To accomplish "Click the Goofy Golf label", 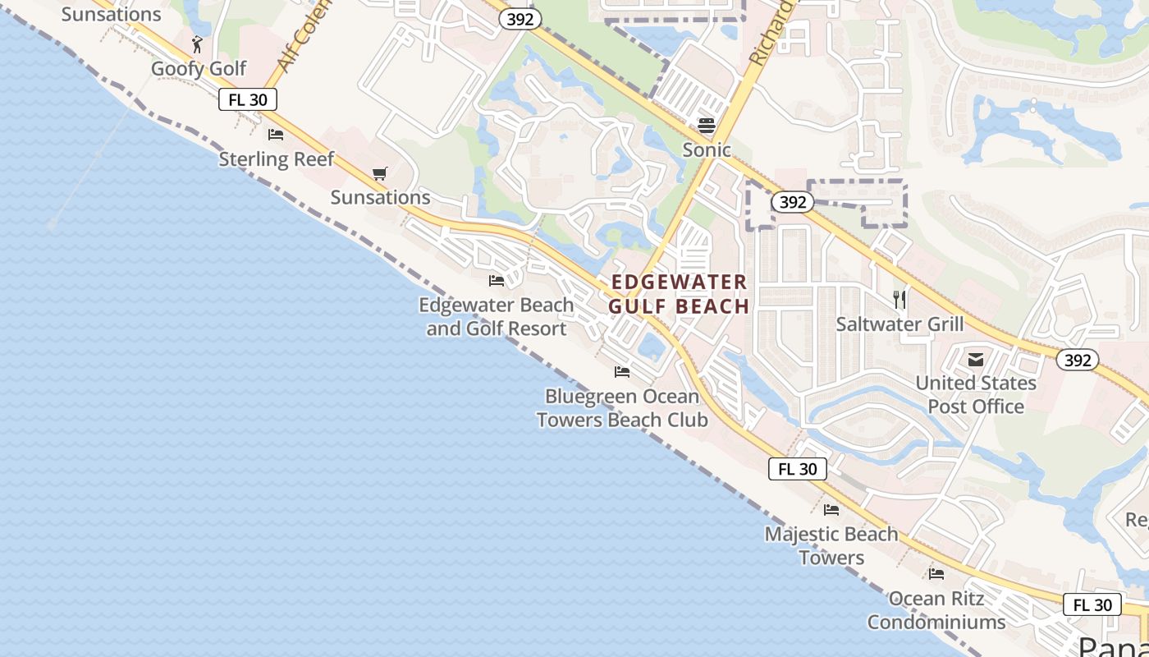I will coord(199,68).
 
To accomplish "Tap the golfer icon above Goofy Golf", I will coord(197,44).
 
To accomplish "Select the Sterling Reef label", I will coord(277,159).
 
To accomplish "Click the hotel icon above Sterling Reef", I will coord(276,134).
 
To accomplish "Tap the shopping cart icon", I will coord(379,173).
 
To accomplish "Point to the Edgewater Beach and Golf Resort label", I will coord(496,317).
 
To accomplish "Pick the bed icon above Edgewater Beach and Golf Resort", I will coord(497,281).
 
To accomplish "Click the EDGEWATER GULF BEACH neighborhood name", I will coord(679,294).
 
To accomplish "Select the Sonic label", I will coord(707,149).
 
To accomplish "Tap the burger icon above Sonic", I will coord(706,126).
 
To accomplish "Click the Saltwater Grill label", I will coord(900,324).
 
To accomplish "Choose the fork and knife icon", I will coord(900,300).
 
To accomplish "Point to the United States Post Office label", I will coord(976,394).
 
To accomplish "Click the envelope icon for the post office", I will coord(976,360).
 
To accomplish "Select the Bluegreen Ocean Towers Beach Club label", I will coord(622,408).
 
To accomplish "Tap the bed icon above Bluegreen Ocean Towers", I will coord(622,372).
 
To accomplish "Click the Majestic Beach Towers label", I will coord(831,545).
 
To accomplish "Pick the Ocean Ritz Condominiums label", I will coord(936,610).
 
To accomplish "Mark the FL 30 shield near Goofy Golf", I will coord(248,100).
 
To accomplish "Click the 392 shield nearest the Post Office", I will coord(1077,360).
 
